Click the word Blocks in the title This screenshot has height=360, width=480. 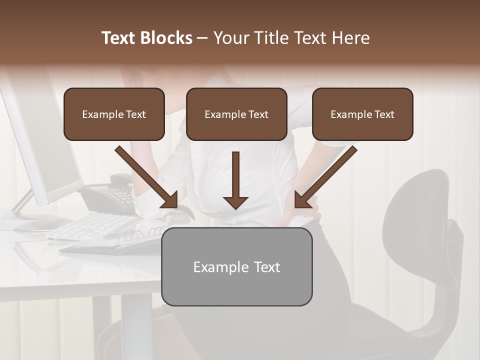click(166, 38)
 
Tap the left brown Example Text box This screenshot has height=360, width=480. click(114, 114)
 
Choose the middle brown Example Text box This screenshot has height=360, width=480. click(236, 114)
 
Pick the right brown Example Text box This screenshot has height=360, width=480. click(362, 114)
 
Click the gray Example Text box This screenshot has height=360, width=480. click(236, 266)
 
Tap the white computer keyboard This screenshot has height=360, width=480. click(92, 227)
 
